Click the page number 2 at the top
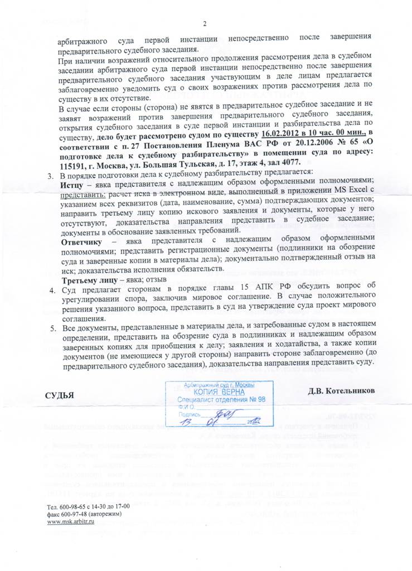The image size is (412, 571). coord(205,24)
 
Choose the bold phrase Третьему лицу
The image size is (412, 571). coord(90,278)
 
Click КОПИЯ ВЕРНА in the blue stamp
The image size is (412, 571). coord(216,392)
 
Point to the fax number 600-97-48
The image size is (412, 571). coord(75,514)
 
